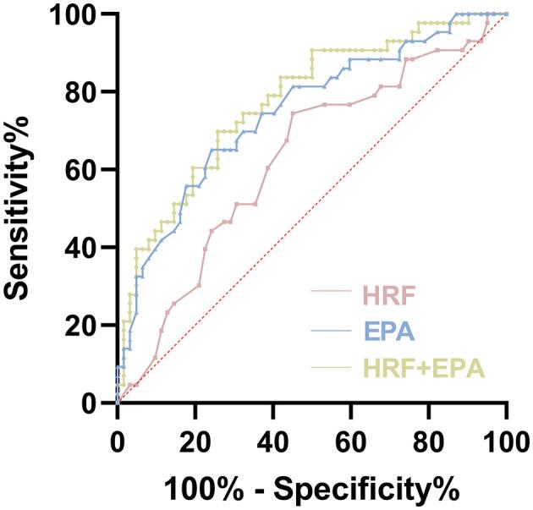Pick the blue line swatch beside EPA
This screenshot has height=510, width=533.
[x=335, y=331]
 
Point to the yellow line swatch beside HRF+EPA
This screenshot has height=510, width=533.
[x=335, y=369]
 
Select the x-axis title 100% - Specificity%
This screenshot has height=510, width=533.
[x=312, y=489]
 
